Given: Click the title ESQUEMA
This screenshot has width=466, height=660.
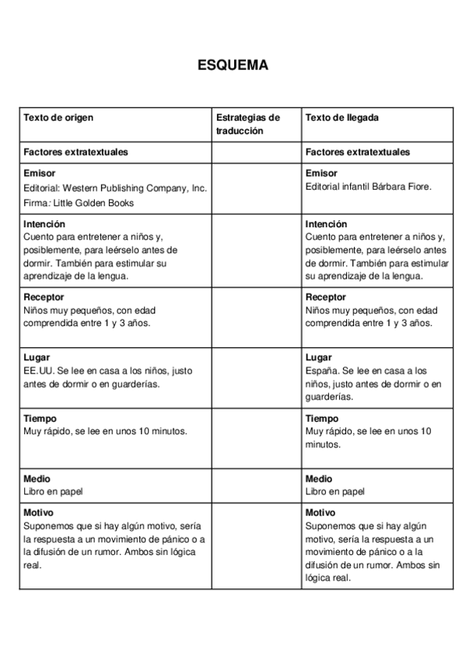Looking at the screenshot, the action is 233,65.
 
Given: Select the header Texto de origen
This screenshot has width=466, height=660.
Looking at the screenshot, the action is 58,118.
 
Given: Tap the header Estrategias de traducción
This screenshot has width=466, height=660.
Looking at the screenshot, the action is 247,124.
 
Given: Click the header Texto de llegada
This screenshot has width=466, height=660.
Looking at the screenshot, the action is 342,118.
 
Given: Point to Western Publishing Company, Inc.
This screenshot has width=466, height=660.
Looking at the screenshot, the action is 135,188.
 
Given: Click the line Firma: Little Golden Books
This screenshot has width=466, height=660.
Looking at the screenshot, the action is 79,202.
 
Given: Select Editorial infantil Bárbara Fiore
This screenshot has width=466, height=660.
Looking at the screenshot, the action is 368,187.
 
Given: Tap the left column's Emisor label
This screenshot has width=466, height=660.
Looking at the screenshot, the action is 39,174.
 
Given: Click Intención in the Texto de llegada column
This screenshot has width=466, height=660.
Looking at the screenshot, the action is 327,224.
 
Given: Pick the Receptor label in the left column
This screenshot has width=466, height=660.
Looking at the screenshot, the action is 44,297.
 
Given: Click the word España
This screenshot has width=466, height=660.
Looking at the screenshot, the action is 324,370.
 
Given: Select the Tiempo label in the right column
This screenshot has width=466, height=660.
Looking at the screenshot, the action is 323,418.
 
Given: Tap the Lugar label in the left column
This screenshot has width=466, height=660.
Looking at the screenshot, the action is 37,357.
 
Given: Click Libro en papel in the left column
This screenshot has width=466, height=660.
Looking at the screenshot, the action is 53,491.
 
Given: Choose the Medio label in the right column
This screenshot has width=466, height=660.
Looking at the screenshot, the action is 319,479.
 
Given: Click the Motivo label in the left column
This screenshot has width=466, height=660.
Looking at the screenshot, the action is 38,513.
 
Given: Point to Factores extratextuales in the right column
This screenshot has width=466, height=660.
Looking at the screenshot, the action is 358,152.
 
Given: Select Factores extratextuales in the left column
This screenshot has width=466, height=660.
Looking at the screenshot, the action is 76,152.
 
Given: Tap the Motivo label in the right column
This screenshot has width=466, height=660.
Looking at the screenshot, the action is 321,513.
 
